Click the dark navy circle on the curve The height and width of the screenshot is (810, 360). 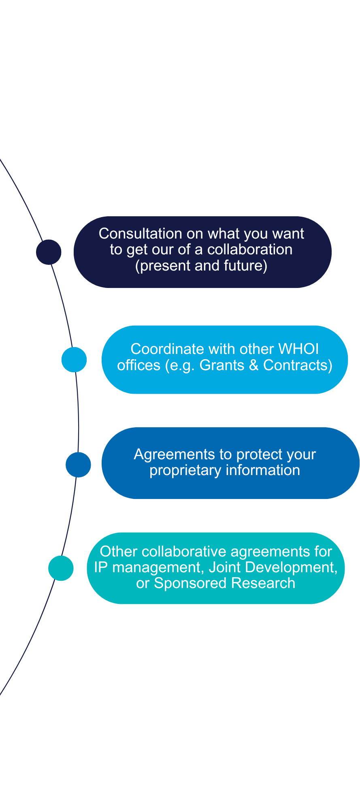pyautogui.click(x=49, y=252)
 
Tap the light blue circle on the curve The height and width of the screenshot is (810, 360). pyautogui.click(x=74, y=359)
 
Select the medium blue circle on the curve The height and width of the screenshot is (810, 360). pyautogui.click(x=78, y=465)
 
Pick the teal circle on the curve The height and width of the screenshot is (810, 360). pyautogui.click(x=61, y=568)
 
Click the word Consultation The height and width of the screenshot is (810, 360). pyautogui.click(x=141, y=234)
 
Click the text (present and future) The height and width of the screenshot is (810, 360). pyautogui.click(x=201, y=266)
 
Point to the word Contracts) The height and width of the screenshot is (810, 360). pyautogui.click(x=298, y=365)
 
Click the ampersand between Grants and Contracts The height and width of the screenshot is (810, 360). pyautogui.click(x=254, y=365)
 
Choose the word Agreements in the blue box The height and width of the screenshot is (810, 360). pyautogui.click(x=169, y=454)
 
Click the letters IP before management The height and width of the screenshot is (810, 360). pyautogui.click(x=101, y=567)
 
